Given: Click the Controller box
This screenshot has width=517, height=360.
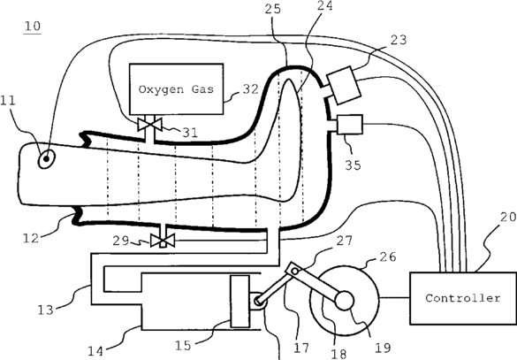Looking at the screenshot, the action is point(463,298).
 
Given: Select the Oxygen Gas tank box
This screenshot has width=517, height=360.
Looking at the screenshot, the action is point(177,89).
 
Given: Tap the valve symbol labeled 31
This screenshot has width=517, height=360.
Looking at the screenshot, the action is point(149,125).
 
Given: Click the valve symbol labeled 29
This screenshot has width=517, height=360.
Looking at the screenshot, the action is point(163,241).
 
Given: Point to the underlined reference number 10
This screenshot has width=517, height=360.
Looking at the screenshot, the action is point(33,27).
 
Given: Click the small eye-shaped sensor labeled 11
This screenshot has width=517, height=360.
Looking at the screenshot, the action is point(47,158).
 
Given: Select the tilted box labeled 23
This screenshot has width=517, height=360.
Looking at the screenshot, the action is point(344,85).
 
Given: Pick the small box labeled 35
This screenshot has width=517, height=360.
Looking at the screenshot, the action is point(350,125).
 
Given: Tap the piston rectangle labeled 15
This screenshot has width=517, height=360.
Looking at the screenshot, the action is point(239,302).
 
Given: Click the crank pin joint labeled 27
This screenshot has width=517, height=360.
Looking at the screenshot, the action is point(295,272).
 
